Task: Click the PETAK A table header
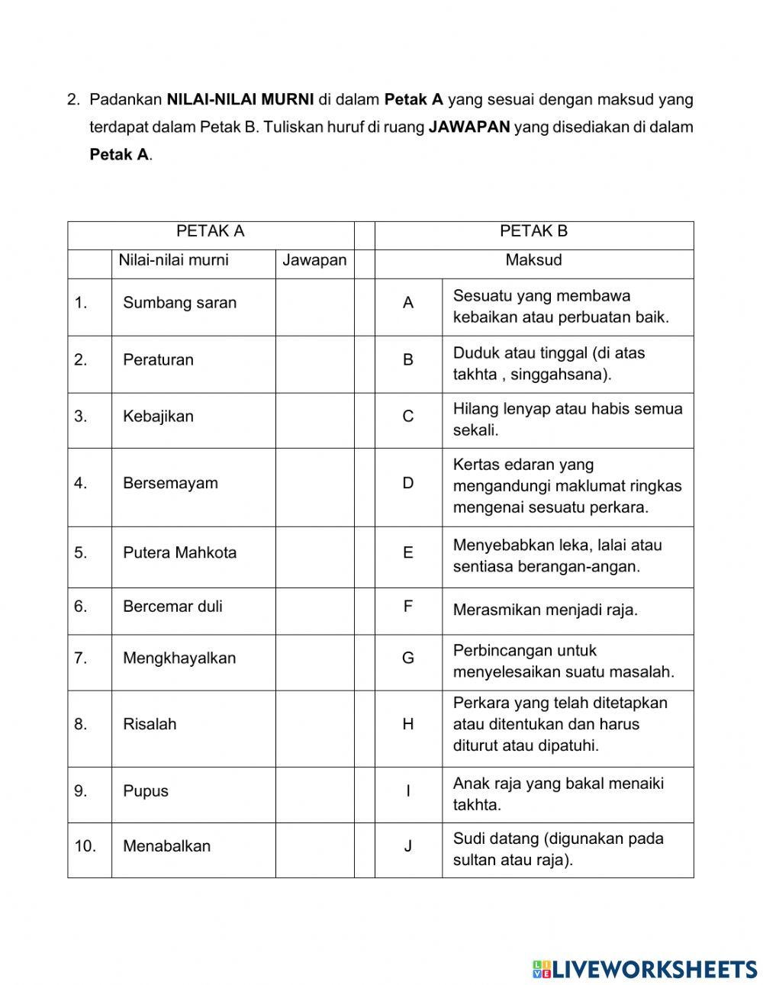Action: (211, 231)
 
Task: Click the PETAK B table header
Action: (533, 231)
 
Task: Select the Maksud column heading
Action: (533, 260)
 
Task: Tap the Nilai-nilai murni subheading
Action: (173, 260)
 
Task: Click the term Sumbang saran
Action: (179, 303)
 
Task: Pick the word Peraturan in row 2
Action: (158, 360)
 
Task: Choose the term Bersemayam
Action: (170, 483)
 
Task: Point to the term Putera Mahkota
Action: (179, 552)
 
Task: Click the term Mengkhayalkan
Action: (179, 658)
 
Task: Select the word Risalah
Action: (150, 724)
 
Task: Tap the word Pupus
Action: (146, 791)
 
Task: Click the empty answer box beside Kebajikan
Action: (314, 417)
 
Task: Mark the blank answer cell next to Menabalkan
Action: (314, 846)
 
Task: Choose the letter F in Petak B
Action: (408, 607)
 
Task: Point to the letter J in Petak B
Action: (408, 846)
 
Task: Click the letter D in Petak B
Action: (408, 483)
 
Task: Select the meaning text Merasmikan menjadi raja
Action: (545, 610)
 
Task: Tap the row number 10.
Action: (85, 846)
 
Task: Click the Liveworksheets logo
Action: (645, 969)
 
